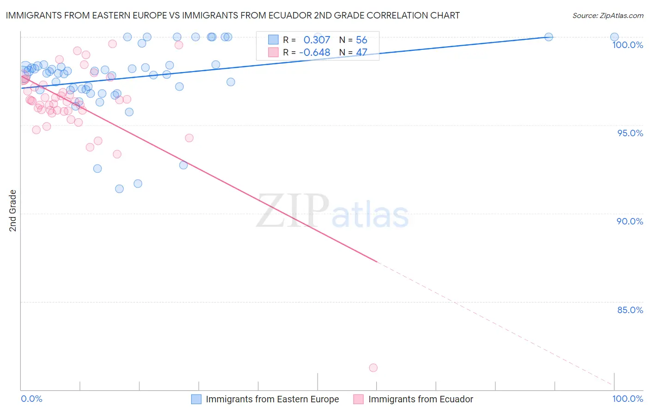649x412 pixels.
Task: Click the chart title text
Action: pyautogui.click(x=233, y=15)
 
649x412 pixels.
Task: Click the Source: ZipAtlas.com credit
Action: pyautogui.click(x=607, y=15)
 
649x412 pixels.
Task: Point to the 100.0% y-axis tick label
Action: pyautogui.click(x=627, y=45)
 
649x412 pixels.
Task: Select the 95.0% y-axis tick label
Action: pyautogui.click(x=630, y=133)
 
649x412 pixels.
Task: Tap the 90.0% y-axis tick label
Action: pyautogui.click(x=630, y=221)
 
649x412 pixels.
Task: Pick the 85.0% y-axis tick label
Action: pyautogui.click(x=630, y=310)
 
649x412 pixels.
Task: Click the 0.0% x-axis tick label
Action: pyautogui.click(x=31, y=399)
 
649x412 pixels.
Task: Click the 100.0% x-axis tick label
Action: pyautogui.click(x=627, y=399)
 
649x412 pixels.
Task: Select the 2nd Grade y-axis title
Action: pyautogui.click(x=13, y=210)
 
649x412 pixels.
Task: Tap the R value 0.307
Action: pyautogui.click(x=317, y=40)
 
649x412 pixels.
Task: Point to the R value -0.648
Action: pyautogui.click(x=314, y=53)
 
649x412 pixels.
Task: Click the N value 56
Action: pyautogui.click(x=361, y=40)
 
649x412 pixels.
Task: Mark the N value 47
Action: pyautogui.click(x=361, y=53)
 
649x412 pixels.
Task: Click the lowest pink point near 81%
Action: pyautogui.click(x=373, y=368)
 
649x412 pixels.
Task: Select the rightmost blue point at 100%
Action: pyautogui.click(x=614, y=37)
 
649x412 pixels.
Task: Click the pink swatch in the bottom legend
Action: pyautogui.click(x=358, y=399)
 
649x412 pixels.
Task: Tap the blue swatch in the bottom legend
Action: pyautogui.click(x=196, y=399)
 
